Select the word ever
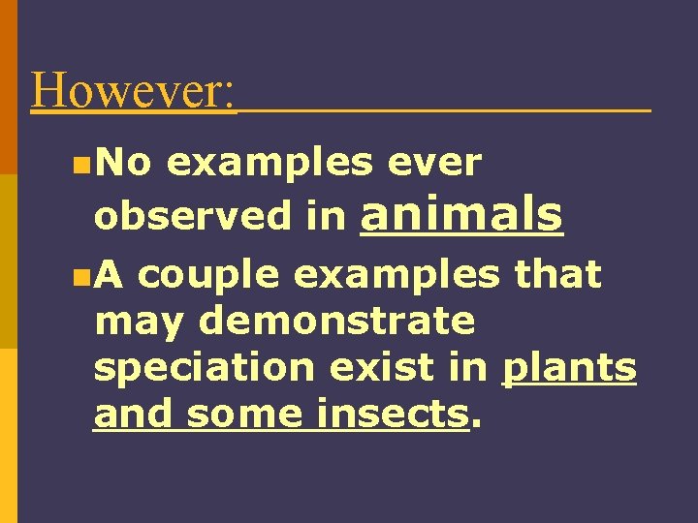pos(433,165)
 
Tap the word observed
pos(192,217)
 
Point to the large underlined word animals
pos(460,214)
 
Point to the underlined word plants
pos(569,369)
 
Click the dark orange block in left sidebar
pos(9,87)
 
